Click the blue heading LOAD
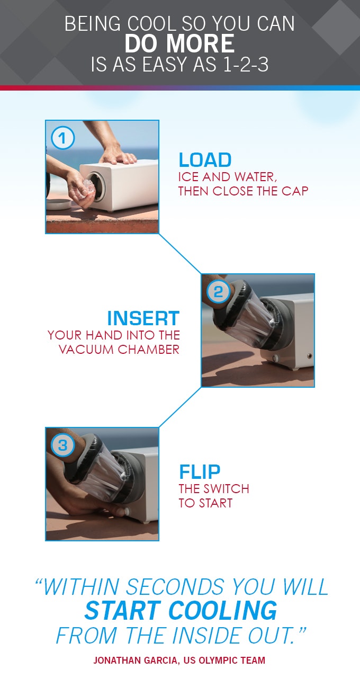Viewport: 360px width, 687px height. pos(205,160)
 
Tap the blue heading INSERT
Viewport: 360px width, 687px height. pos(143,318)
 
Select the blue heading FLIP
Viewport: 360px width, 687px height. pos(200,472)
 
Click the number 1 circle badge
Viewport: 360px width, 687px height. pos(62,138)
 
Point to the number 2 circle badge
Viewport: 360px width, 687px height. pos(218,292)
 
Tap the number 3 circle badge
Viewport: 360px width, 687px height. pos(63,445)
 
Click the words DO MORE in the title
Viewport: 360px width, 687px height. pos(179,43)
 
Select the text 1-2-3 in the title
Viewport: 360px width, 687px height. pos(246,65)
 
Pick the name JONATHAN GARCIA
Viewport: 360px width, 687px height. pos(135,661)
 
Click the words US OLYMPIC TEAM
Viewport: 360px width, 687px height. pos(224,661)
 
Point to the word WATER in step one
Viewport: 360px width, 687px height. pos(255,177)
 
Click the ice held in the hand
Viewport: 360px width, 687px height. pos(88,188)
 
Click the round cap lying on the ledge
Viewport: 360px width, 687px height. pos(59,204)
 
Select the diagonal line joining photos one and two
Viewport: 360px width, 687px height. pos(180,253)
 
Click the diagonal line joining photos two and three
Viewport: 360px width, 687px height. pos(180,407)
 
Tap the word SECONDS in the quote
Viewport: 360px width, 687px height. pos(175,587)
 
